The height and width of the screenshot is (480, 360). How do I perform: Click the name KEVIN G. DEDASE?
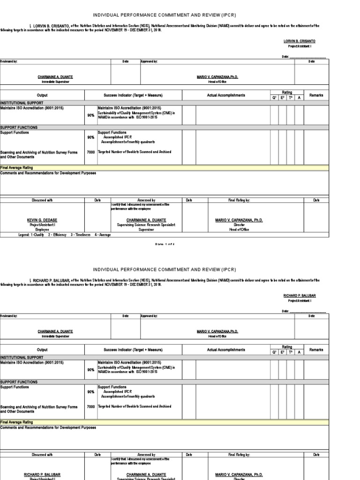click(42, 220)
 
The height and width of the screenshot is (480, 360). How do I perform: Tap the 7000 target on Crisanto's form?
click(90, 152)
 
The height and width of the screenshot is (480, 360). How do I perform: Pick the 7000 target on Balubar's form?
click(90, 406)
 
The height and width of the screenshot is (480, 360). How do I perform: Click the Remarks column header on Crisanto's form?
click(316, 95)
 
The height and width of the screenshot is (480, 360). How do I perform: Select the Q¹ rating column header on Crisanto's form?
click(274, 97)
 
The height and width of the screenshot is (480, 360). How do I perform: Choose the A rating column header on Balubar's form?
click(299, 352)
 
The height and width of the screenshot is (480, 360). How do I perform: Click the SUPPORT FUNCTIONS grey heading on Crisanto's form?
click(19, 127)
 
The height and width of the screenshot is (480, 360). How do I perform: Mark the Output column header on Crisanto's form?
click(42, 95)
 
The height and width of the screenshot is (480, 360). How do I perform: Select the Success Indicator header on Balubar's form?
click(133, 350)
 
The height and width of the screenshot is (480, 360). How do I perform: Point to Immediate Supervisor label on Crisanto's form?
click(55, 82)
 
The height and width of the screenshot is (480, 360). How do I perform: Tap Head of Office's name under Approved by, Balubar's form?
click(217, 331)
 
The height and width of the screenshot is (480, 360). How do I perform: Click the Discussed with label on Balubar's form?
click(42, 454)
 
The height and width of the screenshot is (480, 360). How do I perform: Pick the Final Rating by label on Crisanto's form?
click(239, 200)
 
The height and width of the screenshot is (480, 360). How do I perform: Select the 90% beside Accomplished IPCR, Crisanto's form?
click(90, 137)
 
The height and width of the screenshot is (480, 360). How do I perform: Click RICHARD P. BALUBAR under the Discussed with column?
click(42, 474)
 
